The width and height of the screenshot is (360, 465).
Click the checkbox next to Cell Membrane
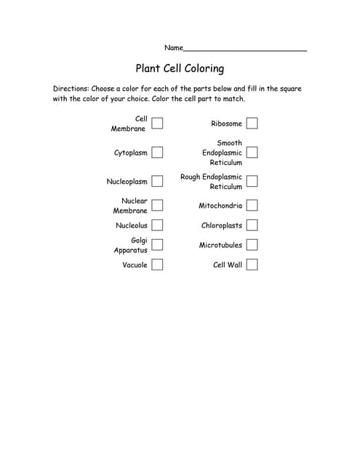pos(157,124)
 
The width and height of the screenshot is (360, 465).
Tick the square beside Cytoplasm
pos(157,153)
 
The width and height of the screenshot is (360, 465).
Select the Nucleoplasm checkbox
pos(157,182)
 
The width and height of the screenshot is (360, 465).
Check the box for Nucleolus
pos(157,225)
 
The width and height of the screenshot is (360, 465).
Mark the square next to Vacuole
pos(157,264)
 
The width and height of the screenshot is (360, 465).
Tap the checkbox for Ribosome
pos(252,124)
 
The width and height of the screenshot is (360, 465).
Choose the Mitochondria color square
pos(252,206)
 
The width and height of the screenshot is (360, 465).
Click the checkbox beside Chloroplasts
pos(252,225)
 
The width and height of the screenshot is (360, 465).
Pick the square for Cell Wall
pos(252,264)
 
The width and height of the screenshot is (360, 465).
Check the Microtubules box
pos(252,245)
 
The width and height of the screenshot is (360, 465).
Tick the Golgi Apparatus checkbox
pos(157,245)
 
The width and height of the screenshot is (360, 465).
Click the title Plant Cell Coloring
pos(180,69)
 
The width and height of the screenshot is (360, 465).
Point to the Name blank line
pos(244,49)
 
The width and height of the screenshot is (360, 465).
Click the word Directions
pos(70,89)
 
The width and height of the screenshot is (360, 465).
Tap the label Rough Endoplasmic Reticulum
pos(211,182)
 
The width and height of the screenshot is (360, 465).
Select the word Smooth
pos(229,143)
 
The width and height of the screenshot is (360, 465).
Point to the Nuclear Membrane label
pos(131,206)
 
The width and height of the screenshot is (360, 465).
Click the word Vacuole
pos(135,265)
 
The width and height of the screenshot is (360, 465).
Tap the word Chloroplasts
pos(222,225)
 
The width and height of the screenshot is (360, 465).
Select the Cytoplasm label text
pos(131,153)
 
